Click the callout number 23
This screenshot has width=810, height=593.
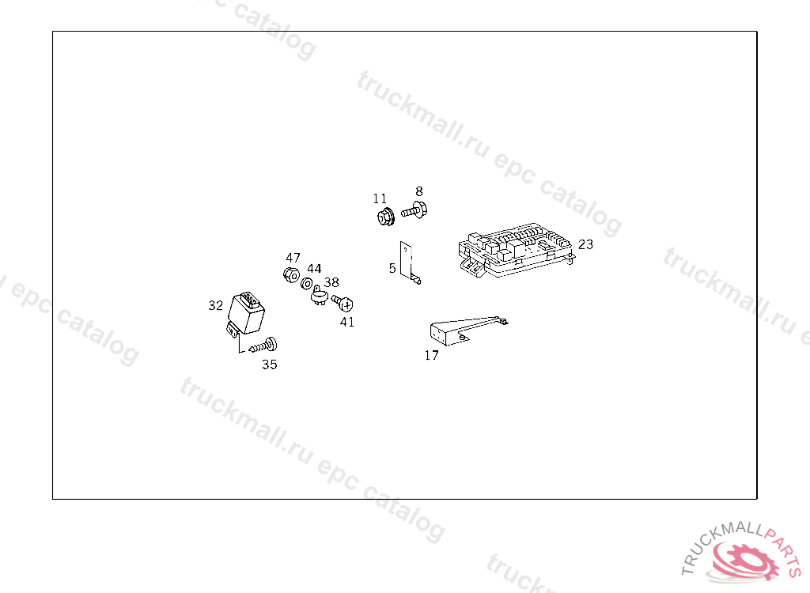585,244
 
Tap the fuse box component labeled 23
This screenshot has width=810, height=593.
516,250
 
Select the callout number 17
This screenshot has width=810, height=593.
431,355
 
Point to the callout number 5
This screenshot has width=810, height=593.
392,268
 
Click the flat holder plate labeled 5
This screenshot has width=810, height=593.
409,263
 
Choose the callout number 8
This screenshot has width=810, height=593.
419,191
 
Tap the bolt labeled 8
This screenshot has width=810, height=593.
414,210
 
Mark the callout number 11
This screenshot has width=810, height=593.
380,199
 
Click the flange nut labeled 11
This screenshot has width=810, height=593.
385,217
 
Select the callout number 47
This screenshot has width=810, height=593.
293,258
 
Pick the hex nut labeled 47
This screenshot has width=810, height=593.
291,275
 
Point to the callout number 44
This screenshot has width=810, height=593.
314,269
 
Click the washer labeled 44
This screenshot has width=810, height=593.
306,284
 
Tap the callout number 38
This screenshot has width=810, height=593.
331,282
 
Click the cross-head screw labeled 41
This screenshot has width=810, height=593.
343,303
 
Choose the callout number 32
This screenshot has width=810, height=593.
215,306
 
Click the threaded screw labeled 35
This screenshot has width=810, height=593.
263,346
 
